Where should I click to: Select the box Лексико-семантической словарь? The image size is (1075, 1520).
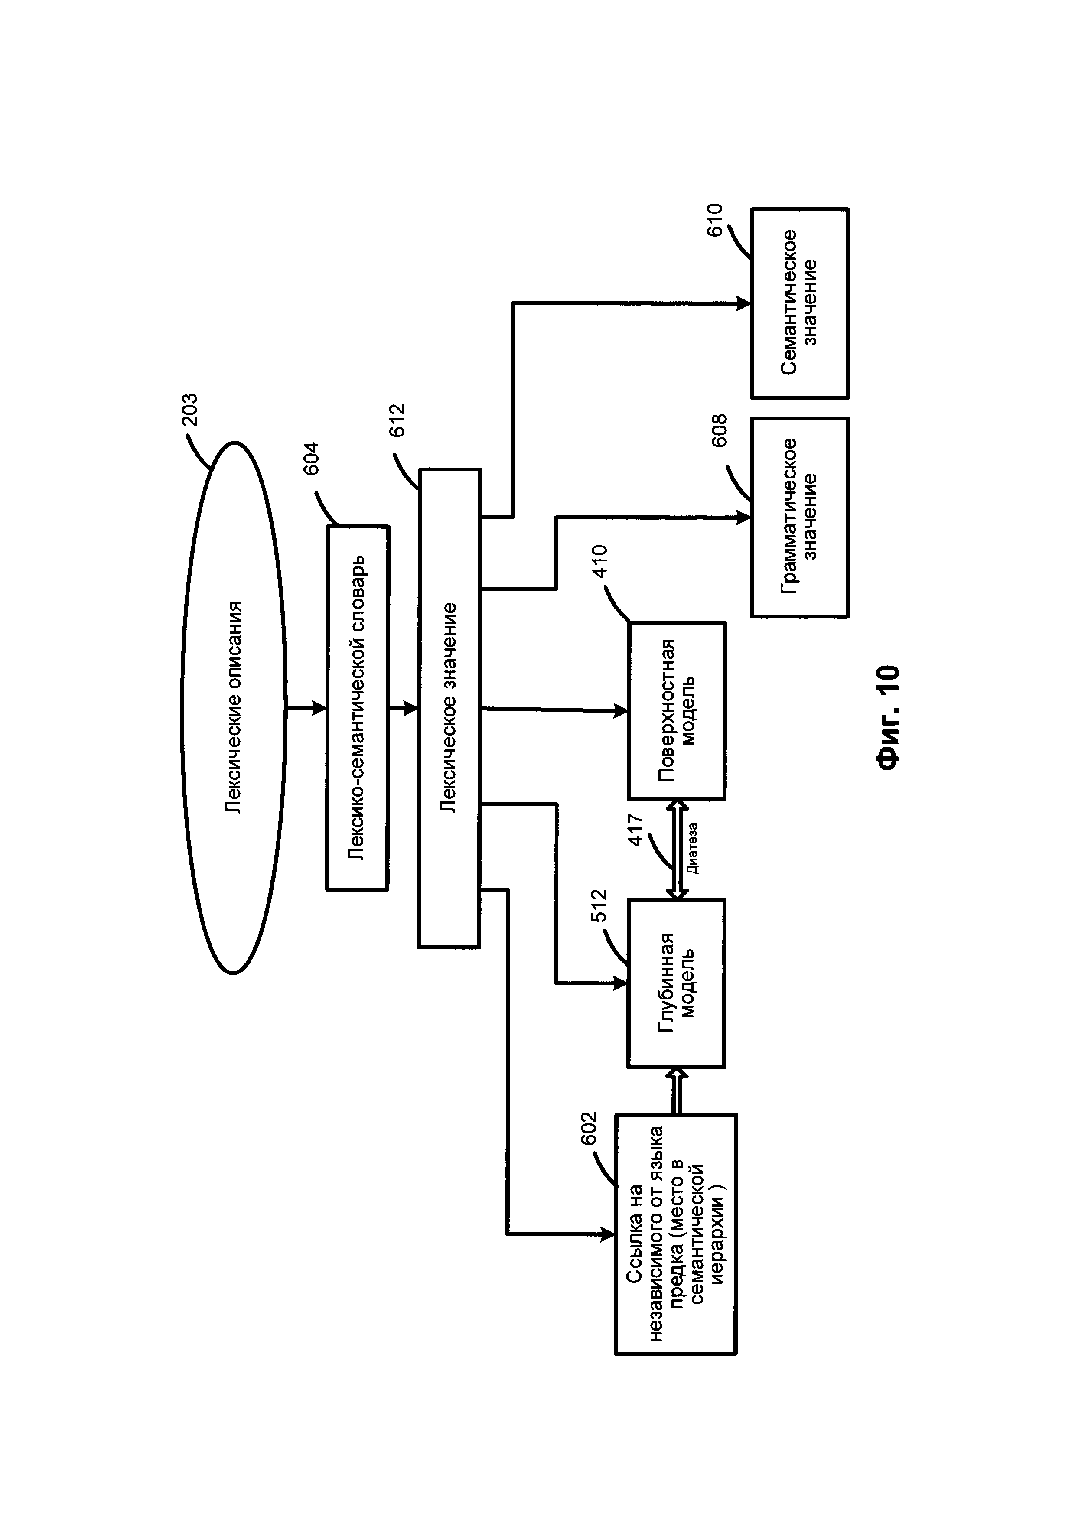coord(358,708)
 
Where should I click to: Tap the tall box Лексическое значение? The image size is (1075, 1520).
coord(450,708)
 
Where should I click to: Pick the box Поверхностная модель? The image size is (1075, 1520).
coord(677,710)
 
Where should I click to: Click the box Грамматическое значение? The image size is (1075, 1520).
coord(800,517)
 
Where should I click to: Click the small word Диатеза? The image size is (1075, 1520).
coord(692,848)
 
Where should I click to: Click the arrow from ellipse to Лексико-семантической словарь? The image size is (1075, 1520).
coord(306,708)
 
